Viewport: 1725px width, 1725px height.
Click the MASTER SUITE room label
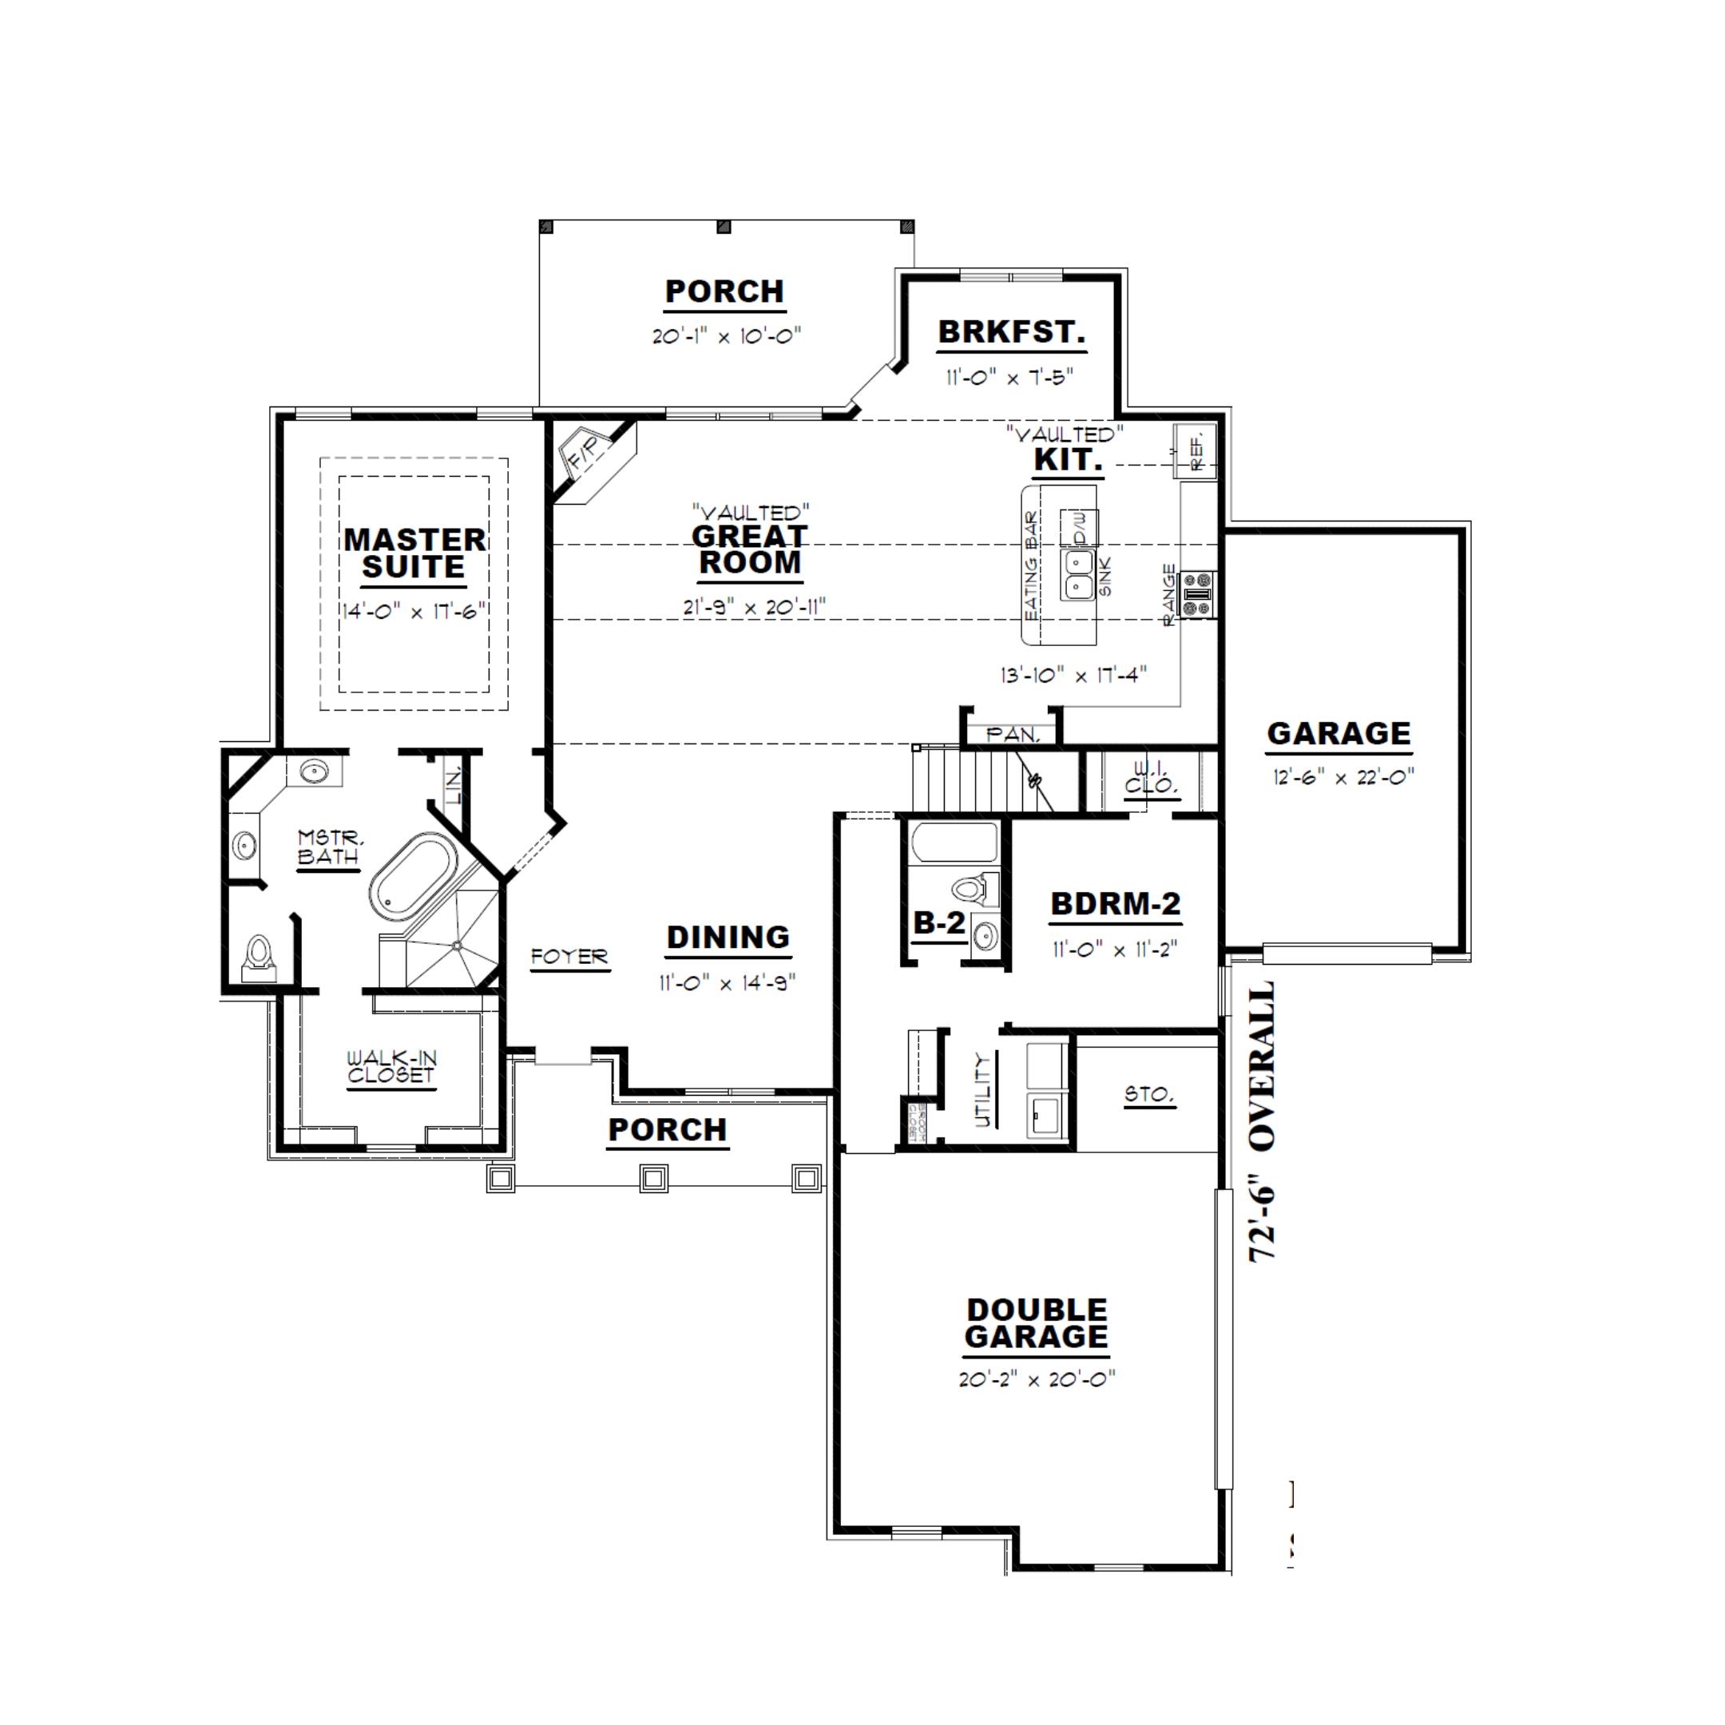[x=414, y=553]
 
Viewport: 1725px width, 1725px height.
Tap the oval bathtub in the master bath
[x=414, y=878]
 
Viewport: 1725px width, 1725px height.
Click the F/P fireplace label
[x=588, y=454]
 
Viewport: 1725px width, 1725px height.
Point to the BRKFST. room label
[x=1011, y=332]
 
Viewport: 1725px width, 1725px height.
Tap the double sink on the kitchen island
[x=1079, y=574]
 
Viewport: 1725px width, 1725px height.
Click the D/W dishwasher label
[x=1080, y=529]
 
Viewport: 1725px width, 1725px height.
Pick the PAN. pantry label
[x=1013, y=735]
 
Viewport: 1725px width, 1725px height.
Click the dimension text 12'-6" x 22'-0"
[x=1338, y=777]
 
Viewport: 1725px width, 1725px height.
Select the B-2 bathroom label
[x=938, y=923]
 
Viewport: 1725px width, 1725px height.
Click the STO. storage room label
[x=1148, y=1094]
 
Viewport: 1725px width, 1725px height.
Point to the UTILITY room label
[x=982, y=1090]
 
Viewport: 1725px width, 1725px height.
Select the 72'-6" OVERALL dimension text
[x=1261, y=1122]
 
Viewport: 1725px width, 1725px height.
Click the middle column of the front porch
[x=653, y=1179]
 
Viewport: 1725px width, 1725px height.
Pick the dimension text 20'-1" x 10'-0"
[x=726, y=336]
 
